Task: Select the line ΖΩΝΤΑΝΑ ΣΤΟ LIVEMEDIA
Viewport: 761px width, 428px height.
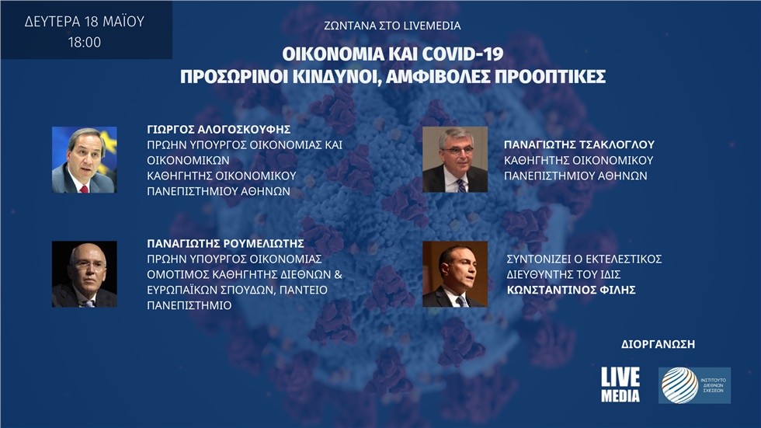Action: point(392,26)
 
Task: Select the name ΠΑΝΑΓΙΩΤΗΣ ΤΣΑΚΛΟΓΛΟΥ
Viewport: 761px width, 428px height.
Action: point(579,144)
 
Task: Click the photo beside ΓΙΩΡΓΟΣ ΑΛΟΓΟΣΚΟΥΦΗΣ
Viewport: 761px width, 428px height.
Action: point(84,159)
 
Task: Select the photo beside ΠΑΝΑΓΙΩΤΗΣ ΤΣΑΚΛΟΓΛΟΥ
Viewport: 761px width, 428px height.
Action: point(454,159)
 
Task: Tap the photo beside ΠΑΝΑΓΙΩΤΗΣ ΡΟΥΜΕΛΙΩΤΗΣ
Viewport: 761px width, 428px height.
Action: point(84,273)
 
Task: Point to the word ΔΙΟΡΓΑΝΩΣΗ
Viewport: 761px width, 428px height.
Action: point(658,343)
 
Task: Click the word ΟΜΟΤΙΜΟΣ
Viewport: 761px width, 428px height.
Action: point(176,276)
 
